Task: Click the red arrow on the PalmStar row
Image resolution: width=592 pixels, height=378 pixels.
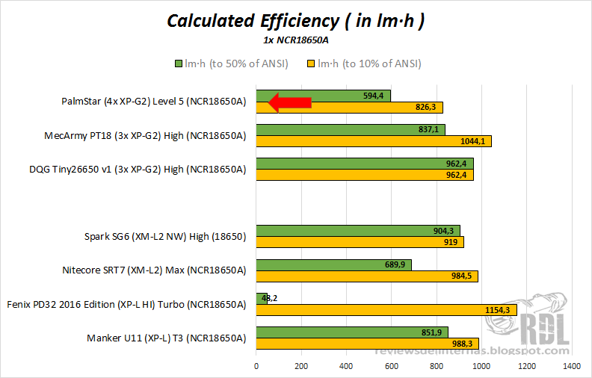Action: pyautogui.click(x=290, y=102)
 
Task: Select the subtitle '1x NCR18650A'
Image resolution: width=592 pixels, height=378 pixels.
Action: pyautogui.click(x=295, y=41)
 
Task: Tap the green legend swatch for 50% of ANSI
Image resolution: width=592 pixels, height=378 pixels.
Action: pyautogui.click(x=178, y=63)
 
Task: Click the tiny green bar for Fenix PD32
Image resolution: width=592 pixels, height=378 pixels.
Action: pyautogui.click(x=261, y=298)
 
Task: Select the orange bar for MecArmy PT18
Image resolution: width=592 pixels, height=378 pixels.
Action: pyautogui.click(x=374, y=141)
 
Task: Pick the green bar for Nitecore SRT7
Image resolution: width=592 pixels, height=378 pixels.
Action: pyautogui.click(x=333, y=264)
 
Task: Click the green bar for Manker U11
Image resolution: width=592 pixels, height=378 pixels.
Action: pyautogui.click(x=352, y=332)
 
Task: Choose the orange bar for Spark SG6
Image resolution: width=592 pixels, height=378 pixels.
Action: pyautogui.click(x=360, y=242)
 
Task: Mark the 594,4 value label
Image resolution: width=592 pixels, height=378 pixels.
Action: pyautogui.click(x=373, y=96)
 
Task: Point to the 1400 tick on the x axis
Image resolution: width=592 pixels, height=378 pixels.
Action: pyautogui.click(x=572, y=367)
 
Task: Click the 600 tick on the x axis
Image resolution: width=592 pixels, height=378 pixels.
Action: pyautogui.click(x=391, y=367)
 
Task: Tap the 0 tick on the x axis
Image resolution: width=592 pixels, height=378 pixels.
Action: pyautogui.click(x=256, y=367)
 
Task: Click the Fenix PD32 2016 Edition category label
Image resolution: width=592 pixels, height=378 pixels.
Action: pyautogui.click(x=126, y=304)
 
